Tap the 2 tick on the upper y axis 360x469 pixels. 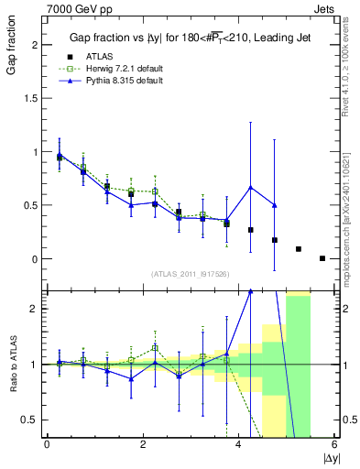[37, 45]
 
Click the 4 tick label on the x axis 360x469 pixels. [238, 444]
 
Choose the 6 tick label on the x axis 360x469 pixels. [334, 444]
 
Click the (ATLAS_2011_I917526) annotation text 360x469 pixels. [191, 275]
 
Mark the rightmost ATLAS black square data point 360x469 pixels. [322, 258]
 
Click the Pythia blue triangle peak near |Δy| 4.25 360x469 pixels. [251, 187]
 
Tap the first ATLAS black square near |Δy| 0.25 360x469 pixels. [60, 158]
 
